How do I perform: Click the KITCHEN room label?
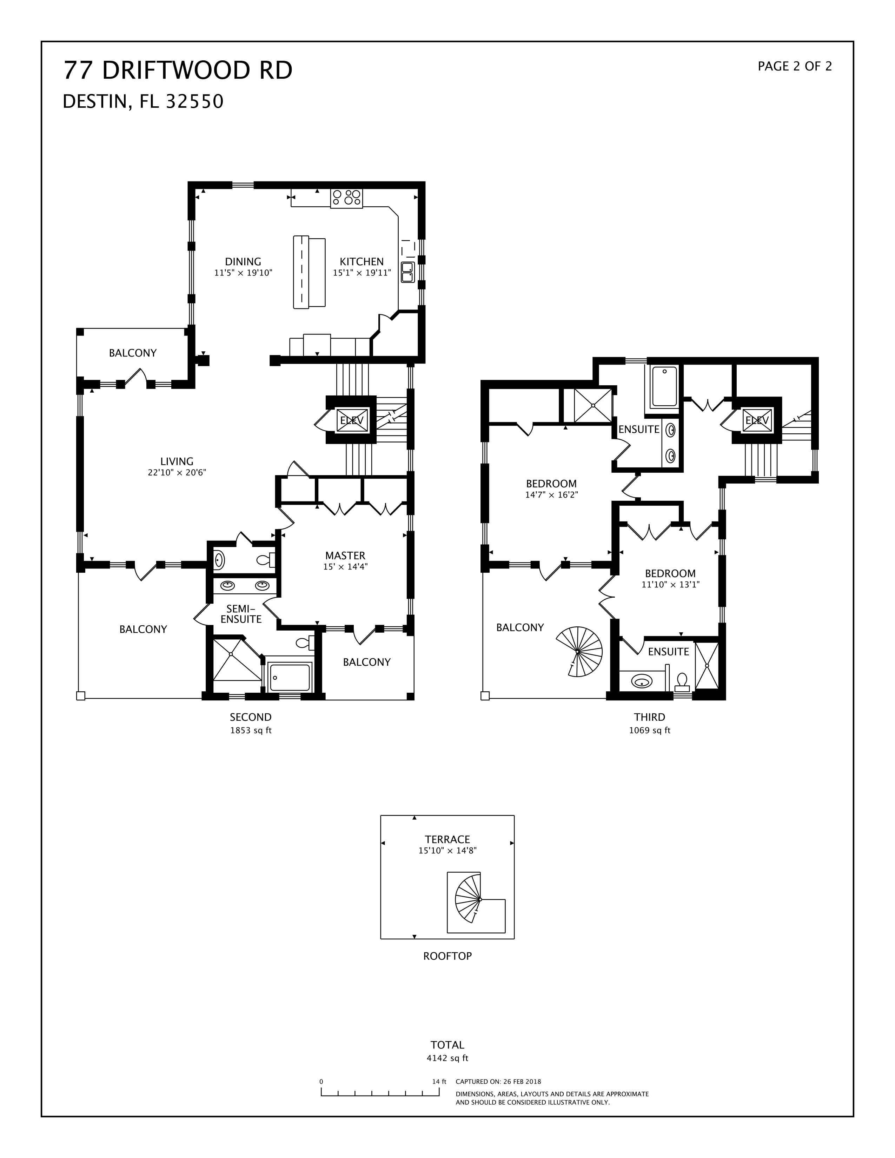362,261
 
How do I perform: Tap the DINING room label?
243,261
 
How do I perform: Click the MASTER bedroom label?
345,556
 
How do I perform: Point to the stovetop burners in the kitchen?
347,198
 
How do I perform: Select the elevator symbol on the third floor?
757,420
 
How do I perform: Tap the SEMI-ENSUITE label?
241,614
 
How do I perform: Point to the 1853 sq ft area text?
251,730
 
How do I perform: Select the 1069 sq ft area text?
650,730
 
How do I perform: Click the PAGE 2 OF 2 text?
795,66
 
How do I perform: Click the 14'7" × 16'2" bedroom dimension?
551,495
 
